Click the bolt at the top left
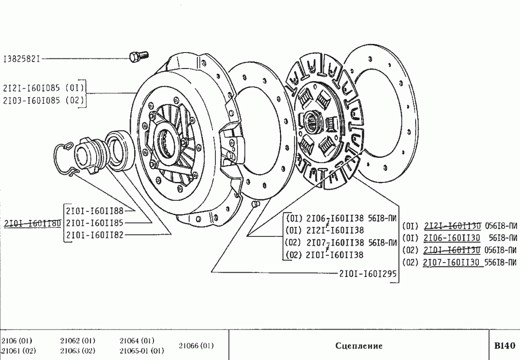[x=139, y=56]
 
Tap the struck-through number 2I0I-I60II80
[x=32, y=223]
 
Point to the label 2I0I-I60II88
[x=95, y=210]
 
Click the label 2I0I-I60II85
[x=95, y=223]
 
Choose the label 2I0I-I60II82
[x=95, y=235]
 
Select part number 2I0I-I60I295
[x=367, y=273]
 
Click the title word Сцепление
[x=359, y=346]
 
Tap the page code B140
[x=505, y=346]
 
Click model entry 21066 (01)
[x=196, y=346]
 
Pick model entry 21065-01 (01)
[x=141, y=351]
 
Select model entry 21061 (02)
[x=18, y=351]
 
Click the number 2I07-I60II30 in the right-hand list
[x=451, y=263]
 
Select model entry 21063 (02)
[x=77, y=351]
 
